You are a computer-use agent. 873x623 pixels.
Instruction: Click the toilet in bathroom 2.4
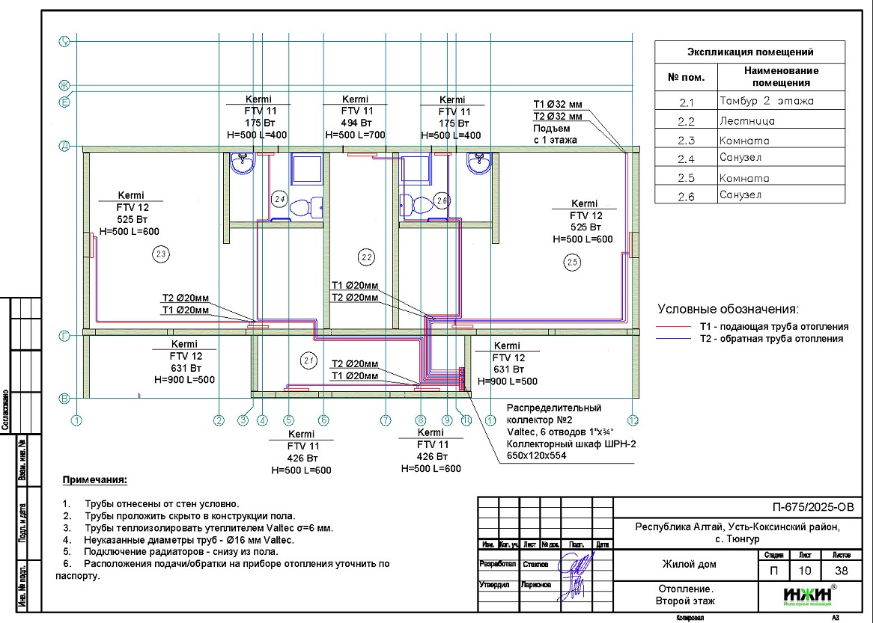tap(306, 204)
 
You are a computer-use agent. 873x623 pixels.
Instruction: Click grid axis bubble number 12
tap(633, 420)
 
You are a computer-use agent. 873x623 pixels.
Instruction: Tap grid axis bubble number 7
tap(386, 420)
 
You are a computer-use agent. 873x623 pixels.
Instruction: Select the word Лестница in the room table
tap(746, 121)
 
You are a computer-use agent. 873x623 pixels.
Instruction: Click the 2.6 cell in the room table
tap(686, 196)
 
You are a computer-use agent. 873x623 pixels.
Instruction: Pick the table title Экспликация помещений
tap(749, 52)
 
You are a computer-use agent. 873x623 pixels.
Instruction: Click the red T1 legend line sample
tap(673, 327)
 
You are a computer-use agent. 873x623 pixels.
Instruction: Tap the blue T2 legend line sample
tap(673, 339)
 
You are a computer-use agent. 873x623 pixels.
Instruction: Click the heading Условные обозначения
tap(728, 309)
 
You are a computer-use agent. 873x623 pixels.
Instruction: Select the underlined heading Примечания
tap(95, 479)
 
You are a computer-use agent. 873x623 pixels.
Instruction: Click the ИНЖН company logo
tap(808, 595)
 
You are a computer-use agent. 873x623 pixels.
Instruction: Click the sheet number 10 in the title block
tap(806, 571)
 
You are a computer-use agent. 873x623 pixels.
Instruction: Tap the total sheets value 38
tap(842, 571)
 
